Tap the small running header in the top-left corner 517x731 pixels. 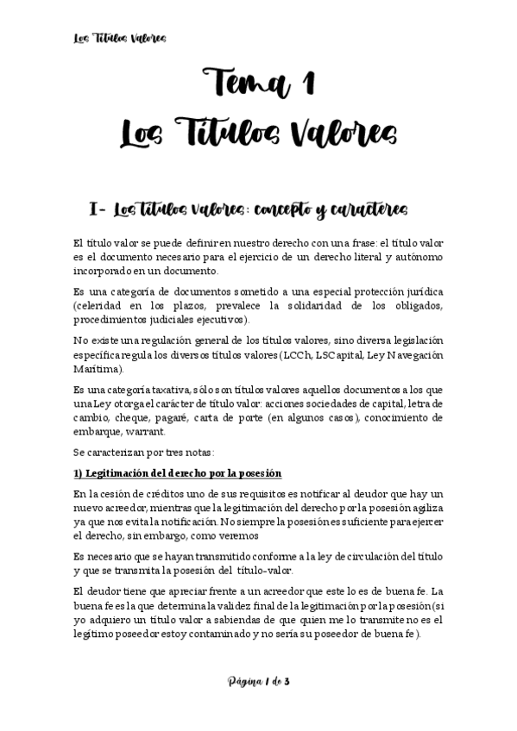117,38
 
